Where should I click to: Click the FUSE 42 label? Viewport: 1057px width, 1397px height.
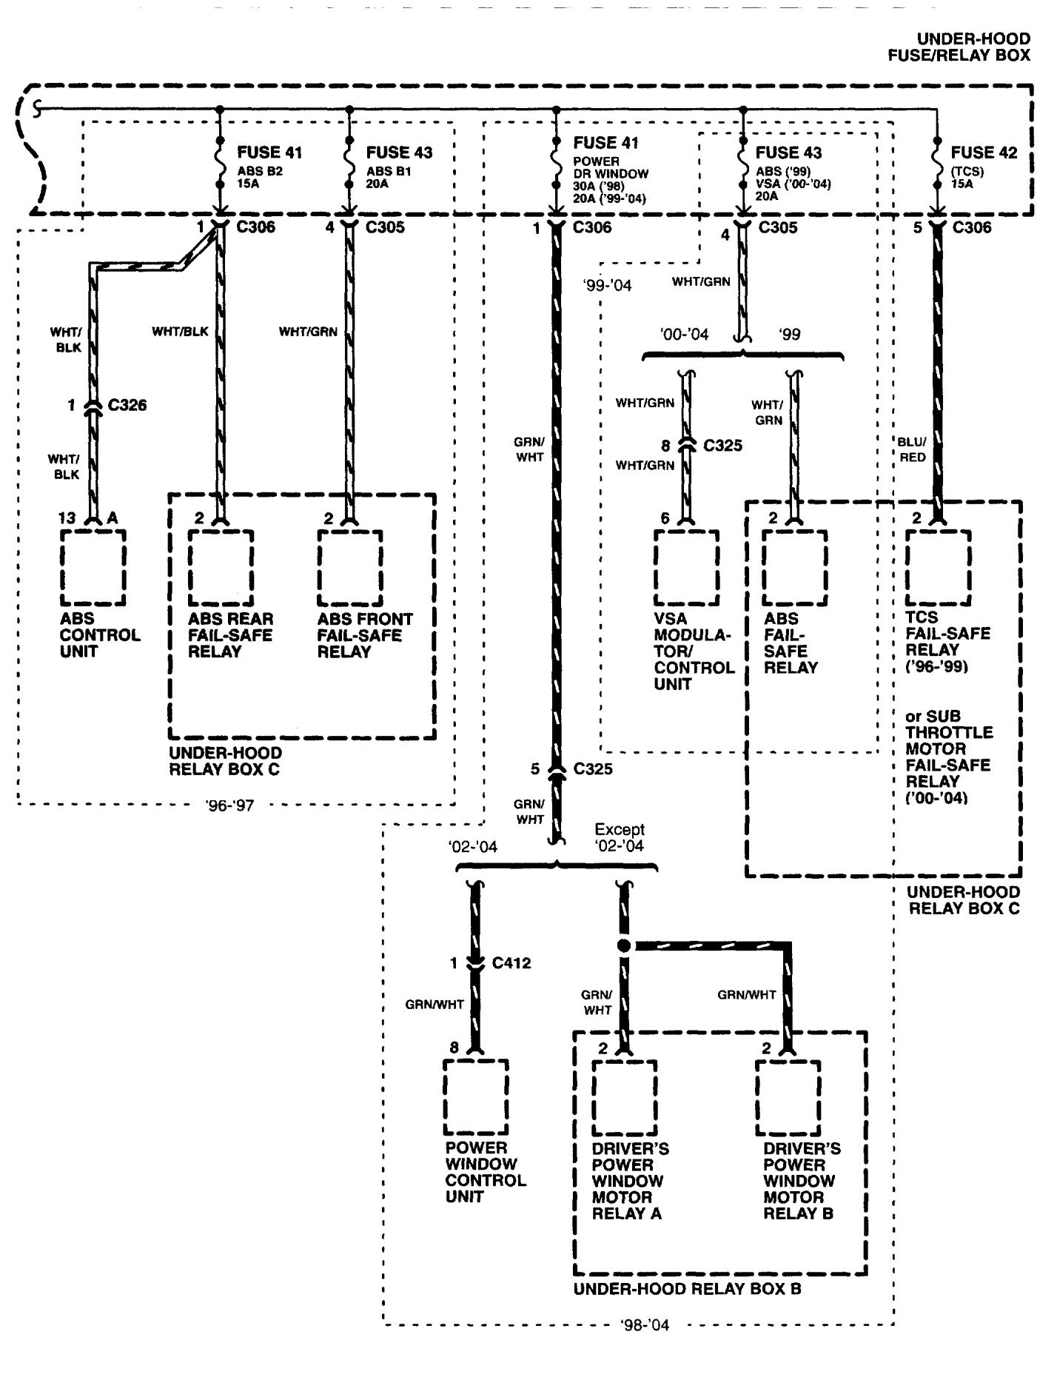(x=983, y=153)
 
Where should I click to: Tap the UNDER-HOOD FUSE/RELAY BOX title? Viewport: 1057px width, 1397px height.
(x=961, y=47)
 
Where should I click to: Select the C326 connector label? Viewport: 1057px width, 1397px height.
(x=127, y=405)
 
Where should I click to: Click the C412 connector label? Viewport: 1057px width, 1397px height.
(x=511, y=963)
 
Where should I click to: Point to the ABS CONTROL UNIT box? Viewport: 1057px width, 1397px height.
(x=93, y=567)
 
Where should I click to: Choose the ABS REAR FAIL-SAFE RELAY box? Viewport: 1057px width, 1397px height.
(x=221, y=567)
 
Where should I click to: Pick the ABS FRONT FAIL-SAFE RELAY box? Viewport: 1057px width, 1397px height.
(x=350, y=567)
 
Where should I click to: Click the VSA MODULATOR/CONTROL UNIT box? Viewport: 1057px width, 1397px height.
(x=686, y=567)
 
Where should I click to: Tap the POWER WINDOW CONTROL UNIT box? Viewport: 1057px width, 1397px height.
(x=476, y=1096)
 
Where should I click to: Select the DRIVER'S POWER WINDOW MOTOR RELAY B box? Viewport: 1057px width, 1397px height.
(x=788, y=1098)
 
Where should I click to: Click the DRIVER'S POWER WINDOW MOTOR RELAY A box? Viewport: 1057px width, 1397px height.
(x=624, y=1098)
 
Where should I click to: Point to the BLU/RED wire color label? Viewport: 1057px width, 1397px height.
(x=912, y=449)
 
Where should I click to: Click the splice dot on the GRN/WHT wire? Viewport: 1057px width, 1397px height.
(x=624, y=945)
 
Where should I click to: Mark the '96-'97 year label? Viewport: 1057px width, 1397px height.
(x=230, y=805)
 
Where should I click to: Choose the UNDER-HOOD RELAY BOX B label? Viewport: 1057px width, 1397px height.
(x=688, y=1289)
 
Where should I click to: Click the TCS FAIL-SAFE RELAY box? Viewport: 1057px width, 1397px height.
(x=938, y=567)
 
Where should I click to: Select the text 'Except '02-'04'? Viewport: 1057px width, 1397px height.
(x=620, y=837)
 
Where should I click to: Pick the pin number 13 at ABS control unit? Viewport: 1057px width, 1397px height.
(x=67, y=518)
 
